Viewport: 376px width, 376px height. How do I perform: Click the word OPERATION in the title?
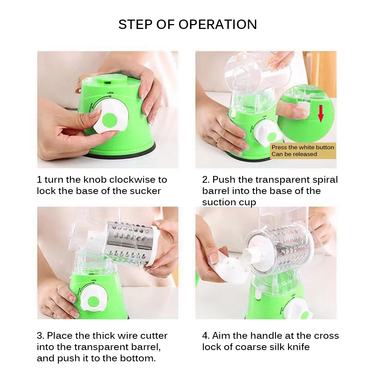(218, 24)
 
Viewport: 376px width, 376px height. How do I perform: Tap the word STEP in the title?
(135, 24)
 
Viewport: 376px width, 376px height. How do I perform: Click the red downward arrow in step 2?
(321, 113)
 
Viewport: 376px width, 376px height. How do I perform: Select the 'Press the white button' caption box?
(303, 151)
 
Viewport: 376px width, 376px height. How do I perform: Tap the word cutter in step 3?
(154, 336)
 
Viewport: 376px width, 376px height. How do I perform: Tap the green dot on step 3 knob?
(92, 302)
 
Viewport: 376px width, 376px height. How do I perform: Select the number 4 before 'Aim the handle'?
(205, 336)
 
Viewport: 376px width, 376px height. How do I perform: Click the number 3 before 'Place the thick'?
(40, 336)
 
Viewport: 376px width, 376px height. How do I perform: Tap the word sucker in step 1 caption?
(145, 191)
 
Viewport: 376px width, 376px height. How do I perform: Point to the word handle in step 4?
(267, 336)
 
